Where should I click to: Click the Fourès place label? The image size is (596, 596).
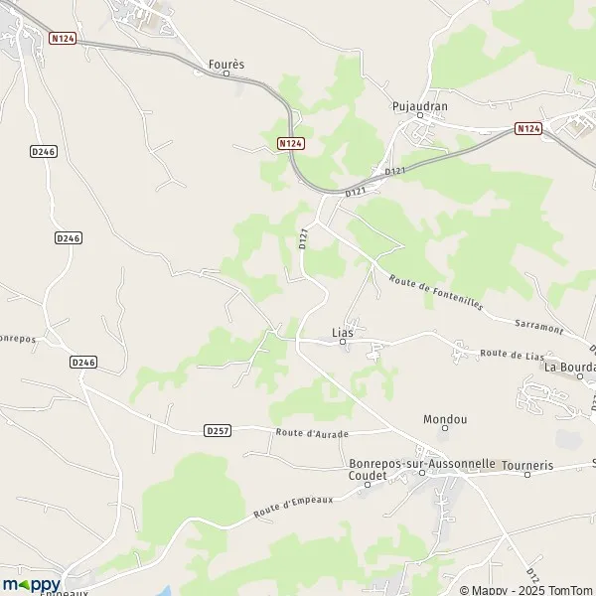tap(225, 64)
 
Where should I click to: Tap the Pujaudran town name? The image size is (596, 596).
tap(419, 103)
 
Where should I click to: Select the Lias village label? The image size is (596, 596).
tap(342, 332)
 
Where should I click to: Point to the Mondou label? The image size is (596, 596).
tap(444, 419)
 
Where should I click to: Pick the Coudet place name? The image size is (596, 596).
tap(367, 476)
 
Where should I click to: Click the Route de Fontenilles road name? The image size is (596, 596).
tap(436, 293)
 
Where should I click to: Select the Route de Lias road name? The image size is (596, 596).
tap(513, 354)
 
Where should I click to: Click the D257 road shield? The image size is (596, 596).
tap(218, 430)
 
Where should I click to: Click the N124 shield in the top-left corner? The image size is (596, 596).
tap(63, 38)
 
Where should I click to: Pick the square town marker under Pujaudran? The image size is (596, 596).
tap(419, 115)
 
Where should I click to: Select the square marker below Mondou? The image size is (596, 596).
tap(444, 430)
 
